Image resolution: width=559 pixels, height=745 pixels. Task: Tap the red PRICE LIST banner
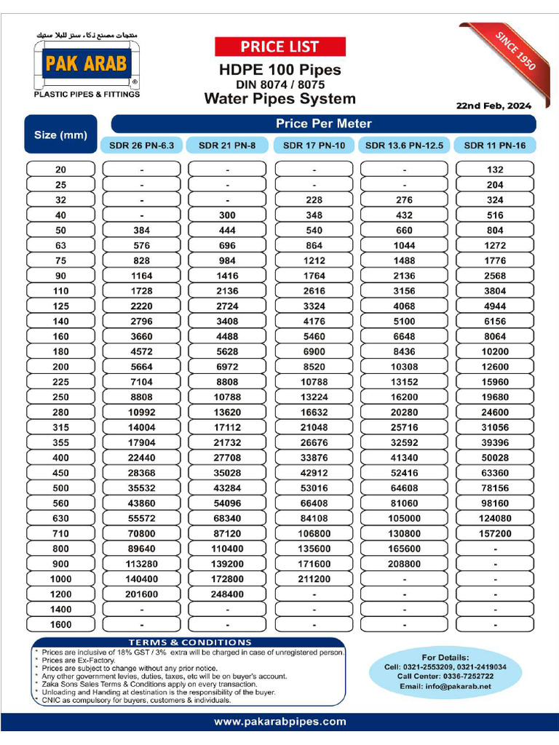tap(279, 47)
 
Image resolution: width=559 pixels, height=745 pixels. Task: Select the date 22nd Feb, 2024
tap(493, 105)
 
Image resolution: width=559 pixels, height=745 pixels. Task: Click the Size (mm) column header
tap(60, 135)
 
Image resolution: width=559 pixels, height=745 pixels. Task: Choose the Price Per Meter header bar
tap(323, 124)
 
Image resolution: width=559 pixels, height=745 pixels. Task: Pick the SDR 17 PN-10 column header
tap(314, 146)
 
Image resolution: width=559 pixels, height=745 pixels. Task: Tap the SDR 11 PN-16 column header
tap(494, 146)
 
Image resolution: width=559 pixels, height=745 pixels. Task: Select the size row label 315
tap(60, 427)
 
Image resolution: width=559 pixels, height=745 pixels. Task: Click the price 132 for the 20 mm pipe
tap(494, 170)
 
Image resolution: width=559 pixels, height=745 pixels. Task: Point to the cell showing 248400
tap(228, 594)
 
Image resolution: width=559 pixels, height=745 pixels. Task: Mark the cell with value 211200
tap(314, 579)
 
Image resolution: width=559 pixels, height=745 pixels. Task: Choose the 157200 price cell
tap(494, 533)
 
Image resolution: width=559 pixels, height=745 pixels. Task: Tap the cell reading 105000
tap(404, 518)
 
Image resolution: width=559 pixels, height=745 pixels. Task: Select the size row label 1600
tap(60, 624)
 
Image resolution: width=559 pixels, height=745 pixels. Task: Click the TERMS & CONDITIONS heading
tap(190, 642)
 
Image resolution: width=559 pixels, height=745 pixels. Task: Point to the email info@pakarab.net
tap(445, 686)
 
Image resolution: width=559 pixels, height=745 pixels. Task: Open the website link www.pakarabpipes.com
tap(279, 722)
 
